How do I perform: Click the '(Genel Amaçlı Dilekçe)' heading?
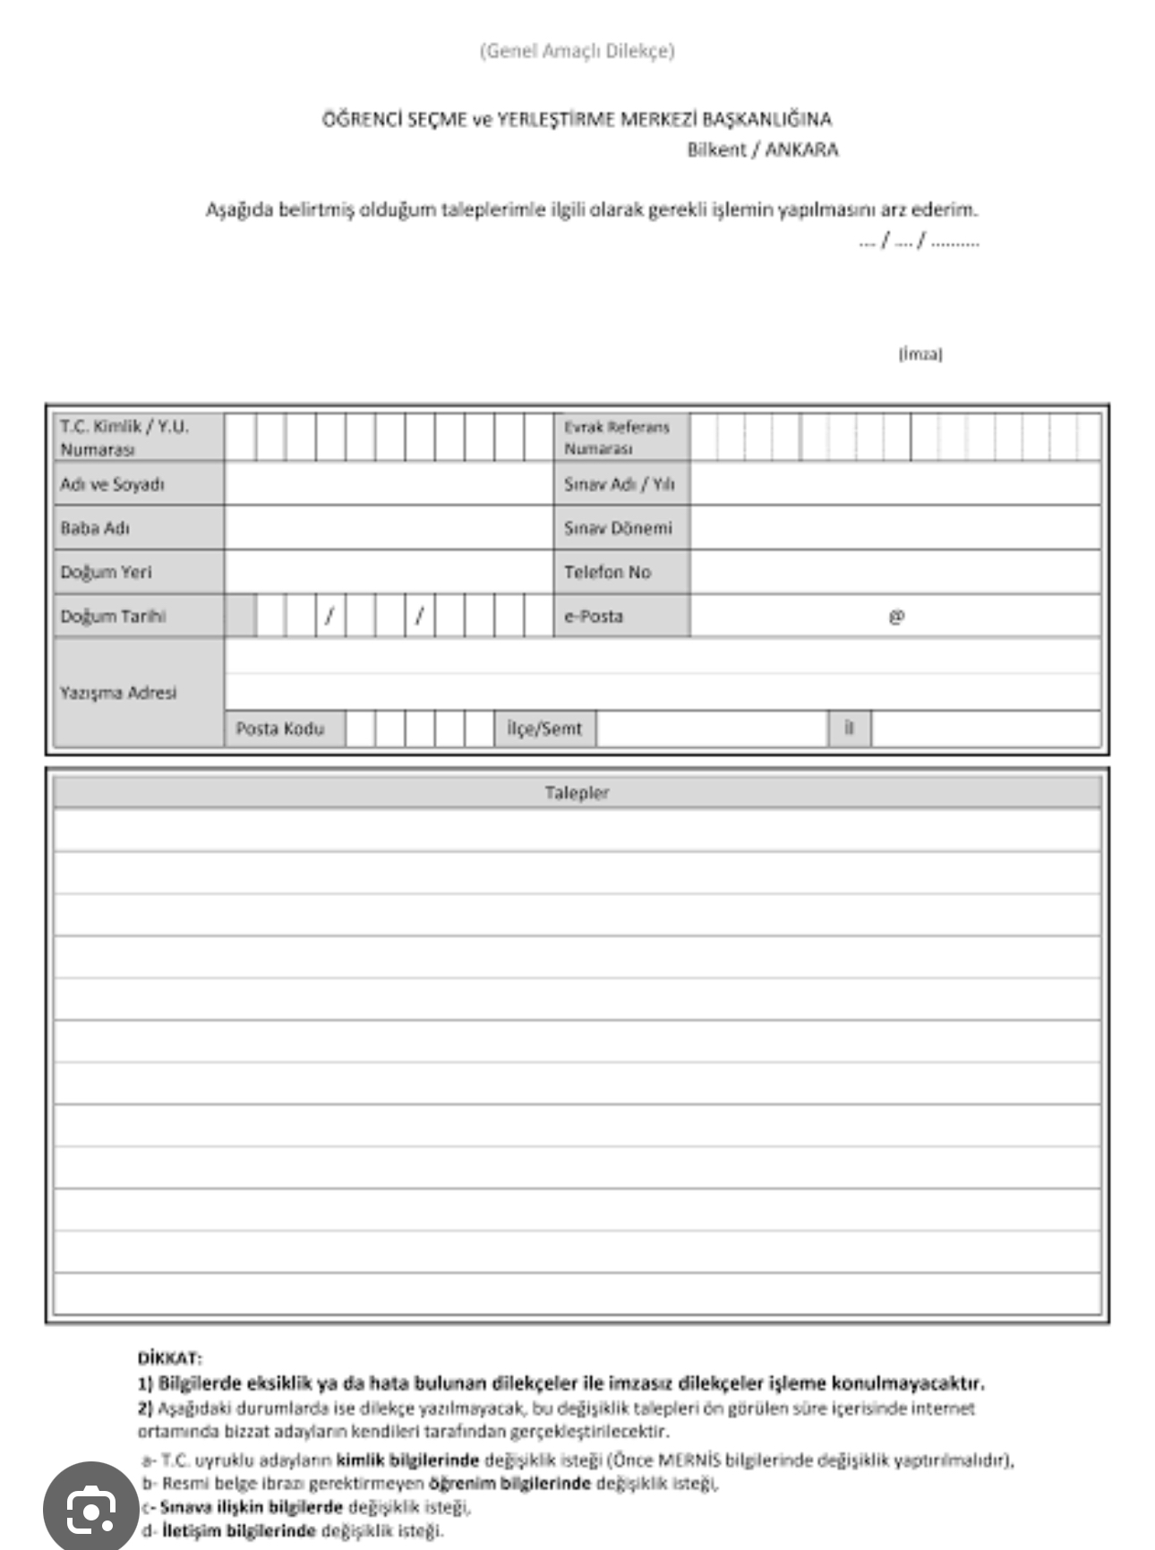(x=577, y=51)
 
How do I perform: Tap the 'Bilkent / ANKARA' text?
(x=762, y=149)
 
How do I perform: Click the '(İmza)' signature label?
(x=920, y=354)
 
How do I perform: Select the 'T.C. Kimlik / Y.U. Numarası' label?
(x=124, y=437)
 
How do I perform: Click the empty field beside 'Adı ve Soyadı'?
(x=389, y=484)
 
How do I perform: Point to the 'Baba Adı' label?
(x=95, y=528)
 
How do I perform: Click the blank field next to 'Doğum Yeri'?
(x=389, y=572)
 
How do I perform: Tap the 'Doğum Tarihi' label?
(x=113, y=616)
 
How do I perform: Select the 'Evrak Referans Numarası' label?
(x=616, y=437)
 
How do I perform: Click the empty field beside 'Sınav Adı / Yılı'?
(x=895, y=484)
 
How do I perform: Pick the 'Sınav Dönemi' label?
(x=618, y=528)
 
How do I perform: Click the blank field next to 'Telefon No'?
(x=895, y=572)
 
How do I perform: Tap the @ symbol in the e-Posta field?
(x=896, y=616)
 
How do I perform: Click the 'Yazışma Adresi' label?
(x=118, y=692)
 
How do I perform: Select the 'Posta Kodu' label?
(x=279, y=728)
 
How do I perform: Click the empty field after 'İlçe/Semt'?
(x=712, y=728)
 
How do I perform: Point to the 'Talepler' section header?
(x=577, y=792)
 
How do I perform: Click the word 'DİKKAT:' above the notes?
(x=170, y=1358)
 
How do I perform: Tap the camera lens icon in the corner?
(x=90, y=1510)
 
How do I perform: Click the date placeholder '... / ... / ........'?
(x=919, y=240)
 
